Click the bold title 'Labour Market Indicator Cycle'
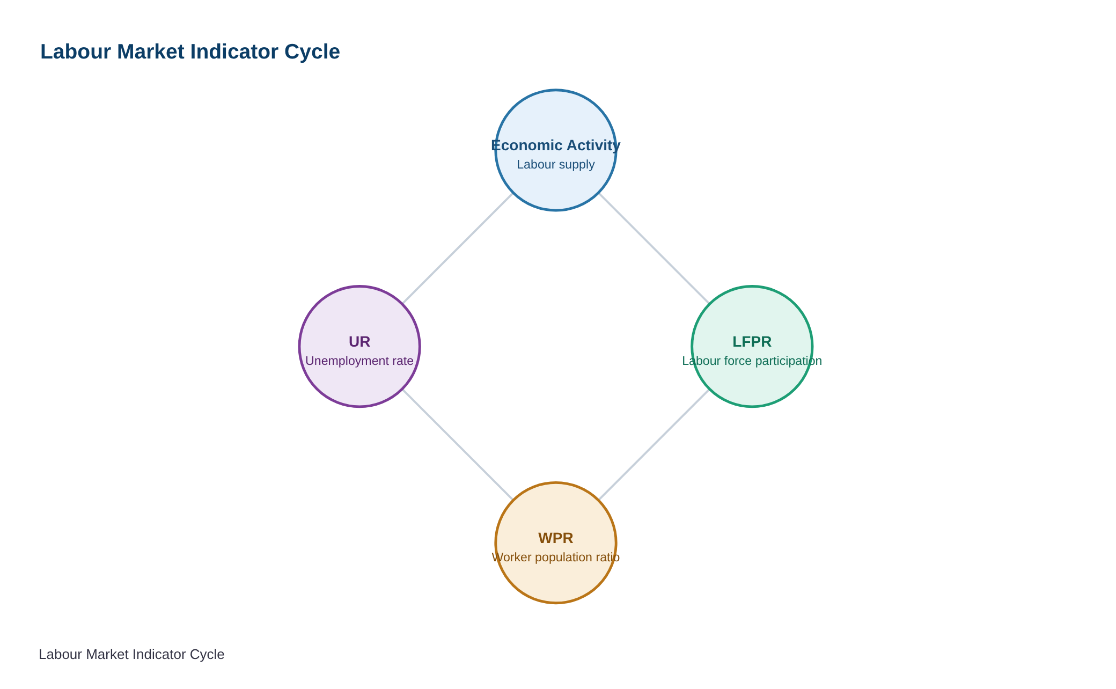click(x=190, y=52)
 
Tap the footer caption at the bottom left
click(x=131, y=655)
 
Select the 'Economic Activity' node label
click(x=556, y=145)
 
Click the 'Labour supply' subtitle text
click(x=556, y=165)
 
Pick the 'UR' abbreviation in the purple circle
click(x=359, y=342)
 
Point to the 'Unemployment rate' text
click(x=359, y=361)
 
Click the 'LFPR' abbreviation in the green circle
click(x=752, y=342)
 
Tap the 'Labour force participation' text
click(x=752, y=361)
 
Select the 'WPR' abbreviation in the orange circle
click(x=556, y=538)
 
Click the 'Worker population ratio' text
click(x=556, y=558)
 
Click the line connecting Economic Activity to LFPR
click(x=654, y=248)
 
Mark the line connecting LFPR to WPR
click(x=654, y=445)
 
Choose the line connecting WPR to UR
click(x=458, y=445)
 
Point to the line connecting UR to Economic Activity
click(x=458, y=248)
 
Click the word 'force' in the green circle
click(x=736, y=361)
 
